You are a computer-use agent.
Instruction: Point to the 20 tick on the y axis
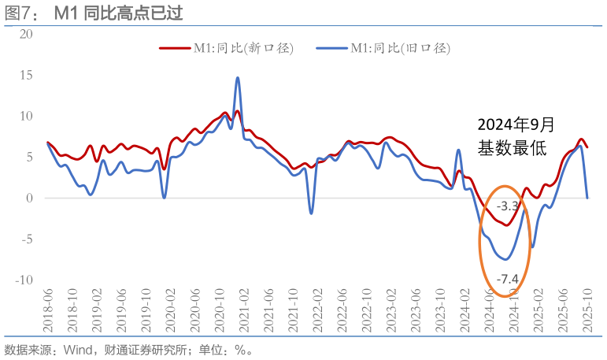tap(27, 34)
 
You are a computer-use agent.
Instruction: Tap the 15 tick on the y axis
tap(27, 75)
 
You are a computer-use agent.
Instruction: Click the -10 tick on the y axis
tap(24, 280)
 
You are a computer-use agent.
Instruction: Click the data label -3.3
tap(508, 206)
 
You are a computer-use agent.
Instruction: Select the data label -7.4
tap(508, 278)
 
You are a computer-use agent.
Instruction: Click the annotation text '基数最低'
tap(511, 147)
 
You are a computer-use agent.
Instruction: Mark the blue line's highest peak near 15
tap(238, 77)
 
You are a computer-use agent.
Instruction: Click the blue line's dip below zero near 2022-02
tap(311, 213)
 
